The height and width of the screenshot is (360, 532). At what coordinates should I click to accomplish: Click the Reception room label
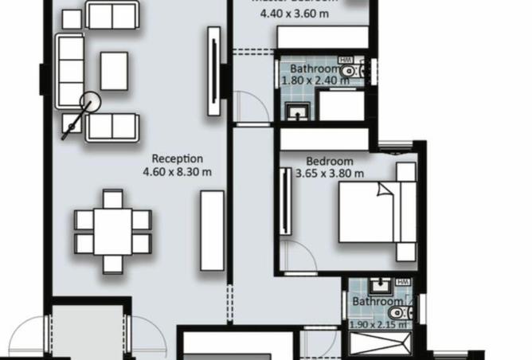177,158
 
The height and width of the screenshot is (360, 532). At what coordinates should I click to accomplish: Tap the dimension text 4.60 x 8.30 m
177,171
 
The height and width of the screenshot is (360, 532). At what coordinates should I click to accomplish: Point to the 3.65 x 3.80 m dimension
329,173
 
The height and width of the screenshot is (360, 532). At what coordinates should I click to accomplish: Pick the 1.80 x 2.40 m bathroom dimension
318,80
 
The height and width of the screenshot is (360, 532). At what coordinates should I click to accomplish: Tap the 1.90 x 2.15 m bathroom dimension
378,324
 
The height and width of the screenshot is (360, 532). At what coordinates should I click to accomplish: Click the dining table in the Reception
113,232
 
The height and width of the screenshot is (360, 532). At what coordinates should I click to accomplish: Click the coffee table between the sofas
114,71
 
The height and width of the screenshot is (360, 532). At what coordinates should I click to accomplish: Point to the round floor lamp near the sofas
90,103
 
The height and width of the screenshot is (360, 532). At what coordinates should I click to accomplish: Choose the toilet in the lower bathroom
400,313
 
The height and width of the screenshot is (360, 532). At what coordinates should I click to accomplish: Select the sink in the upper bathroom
297,113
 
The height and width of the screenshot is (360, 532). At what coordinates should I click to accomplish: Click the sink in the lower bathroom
378,284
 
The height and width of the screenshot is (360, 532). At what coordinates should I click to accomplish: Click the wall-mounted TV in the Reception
213,72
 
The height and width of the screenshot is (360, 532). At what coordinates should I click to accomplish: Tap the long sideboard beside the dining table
212,230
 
